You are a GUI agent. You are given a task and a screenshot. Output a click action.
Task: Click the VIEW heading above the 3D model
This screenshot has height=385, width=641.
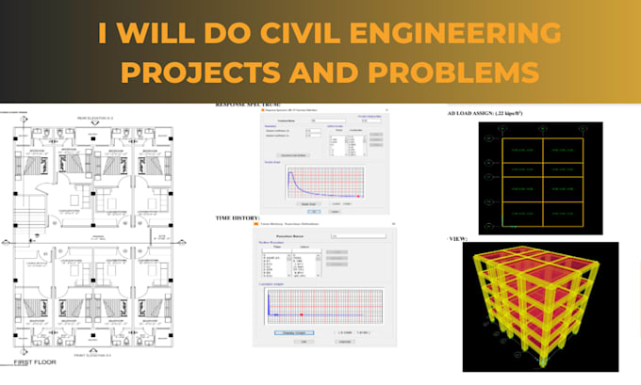461,239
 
